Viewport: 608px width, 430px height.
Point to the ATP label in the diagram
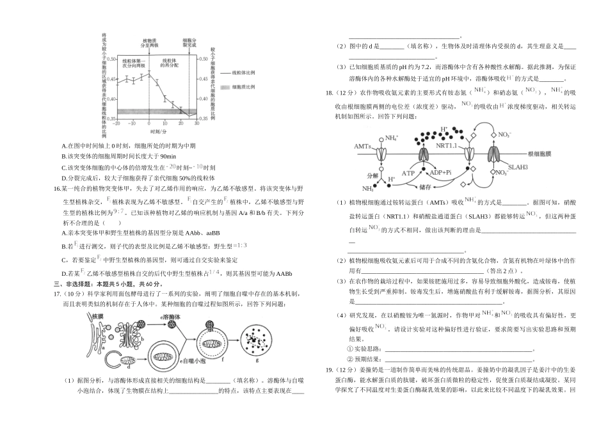tap(408, 173)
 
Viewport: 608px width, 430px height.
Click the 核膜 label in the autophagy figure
tap(97, 316)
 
